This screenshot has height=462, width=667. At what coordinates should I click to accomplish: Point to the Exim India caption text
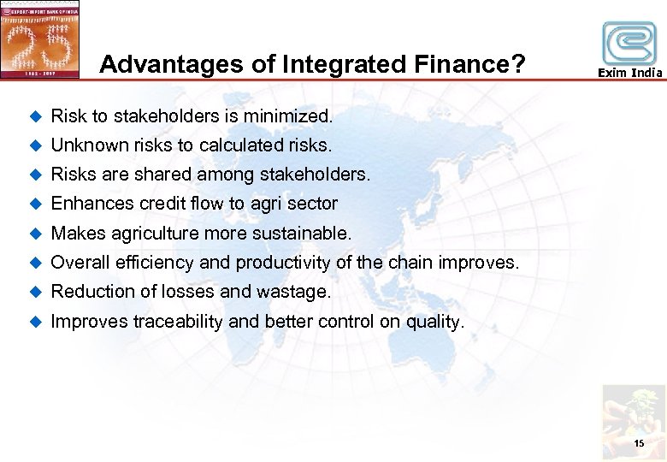coord(629,74)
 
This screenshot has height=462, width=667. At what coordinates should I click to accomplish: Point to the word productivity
coord(283,262)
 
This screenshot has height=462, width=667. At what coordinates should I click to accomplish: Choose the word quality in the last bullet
coord(436,322)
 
